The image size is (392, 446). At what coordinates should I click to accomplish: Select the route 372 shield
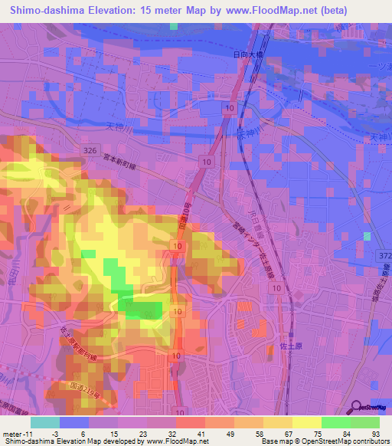tap(384, 254)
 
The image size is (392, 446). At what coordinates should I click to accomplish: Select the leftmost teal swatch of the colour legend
tap(44, 422)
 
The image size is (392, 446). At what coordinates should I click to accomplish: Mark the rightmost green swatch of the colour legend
tap(365, 422)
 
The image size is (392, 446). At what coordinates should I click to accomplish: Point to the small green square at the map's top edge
tap(174, 26)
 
